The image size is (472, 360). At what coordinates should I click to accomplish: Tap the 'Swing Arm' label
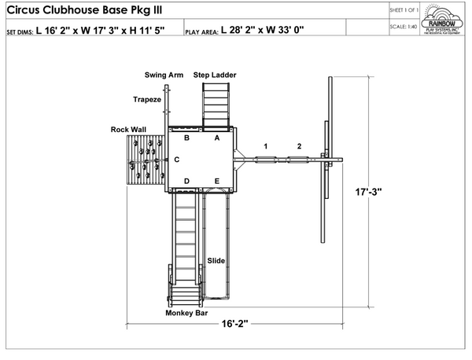[x=164, y=75]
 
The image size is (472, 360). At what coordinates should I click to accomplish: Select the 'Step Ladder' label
[x=215, y=75]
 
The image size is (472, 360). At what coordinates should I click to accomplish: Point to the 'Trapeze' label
[x=146, y=100]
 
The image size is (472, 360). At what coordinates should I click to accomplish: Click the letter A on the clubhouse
[x=217, y=138]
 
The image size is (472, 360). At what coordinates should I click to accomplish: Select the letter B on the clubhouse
[x=186, y=138]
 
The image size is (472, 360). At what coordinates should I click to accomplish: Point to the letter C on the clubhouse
[x=177, y=160]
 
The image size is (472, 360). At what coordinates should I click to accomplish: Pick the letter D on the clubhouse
[x=186, y=182]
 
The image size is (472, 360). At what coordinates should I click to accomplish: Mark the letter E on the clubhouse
[x=217, y=182]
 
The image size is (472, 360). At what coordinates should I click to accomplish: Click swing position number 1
[x=266, y=146]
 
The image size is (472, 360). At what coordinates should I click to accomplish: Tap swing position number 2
[x=299, y=146]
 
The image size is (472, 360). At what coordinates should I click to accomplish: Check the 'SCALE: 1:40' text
[x=403, y=27]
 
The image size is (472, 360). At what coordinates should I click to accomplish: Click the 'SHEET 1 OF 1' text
[x=403, y=10]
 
